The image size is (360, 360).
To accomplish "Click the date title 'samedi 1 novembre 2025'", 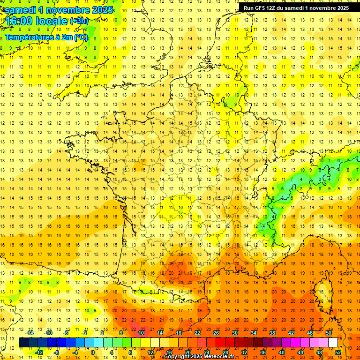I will point(59,10).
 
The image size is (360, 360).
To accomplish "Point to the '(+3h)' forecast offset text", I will point(78,21).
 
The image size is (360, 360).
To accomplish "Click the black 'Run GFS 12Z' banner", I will point(296,7).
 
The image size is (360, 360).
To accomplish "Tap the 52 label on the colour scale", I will point(338,352).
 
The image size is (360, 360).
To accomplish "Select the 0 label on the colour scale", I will point(92,352).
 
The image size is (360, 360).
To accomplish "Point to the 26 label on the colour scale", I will point(216,333).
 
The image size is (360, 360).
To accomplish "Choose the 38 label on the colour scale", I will point(272,333).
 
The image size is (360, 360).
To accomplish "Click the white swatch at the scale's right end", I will point(333,342).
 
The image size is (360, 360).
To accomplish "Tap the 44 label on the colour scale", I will point(300,352).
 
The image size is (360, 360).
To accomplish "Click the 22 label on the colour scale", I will point(197,333).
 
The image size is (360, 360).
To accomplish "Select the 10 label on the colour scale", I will point(141,333).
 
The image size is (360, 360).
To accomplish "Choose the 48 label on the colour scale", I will point(319,352).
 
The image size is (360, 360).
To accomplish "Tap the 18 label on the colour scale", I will point(179,333).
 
